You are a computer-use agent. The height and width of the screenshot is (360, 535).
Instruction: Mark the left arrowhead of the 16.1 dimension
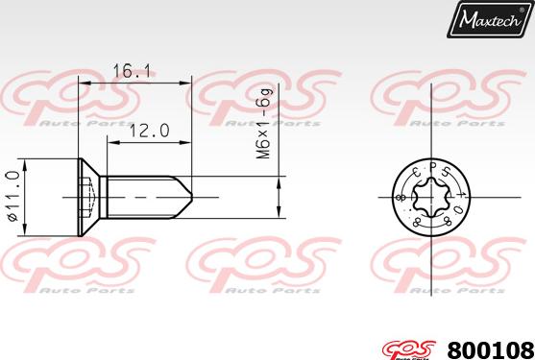point(83,84)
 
